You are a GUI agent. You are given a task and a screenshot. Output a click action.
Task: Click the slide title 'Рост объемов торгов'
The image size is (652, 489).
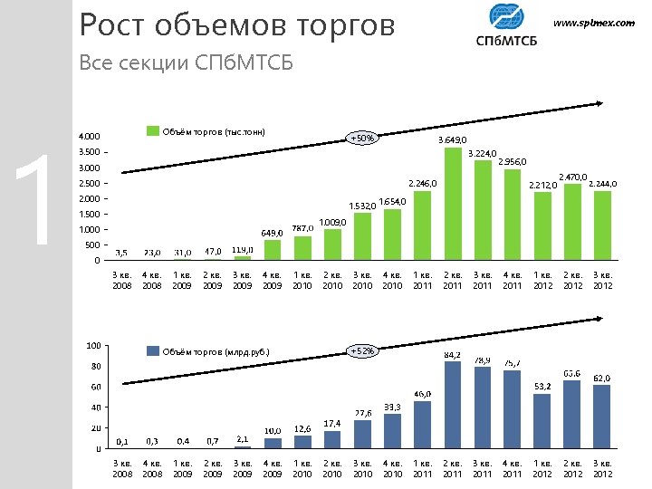click(x=237, y=25)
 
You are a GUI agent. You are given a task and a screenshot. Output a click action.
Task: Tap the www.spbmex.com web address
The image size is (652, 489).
click(x=594, y=23)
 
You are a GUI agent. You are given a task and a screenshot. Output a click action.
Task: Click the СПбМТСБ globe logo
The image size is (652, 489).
click(x=505, y=18)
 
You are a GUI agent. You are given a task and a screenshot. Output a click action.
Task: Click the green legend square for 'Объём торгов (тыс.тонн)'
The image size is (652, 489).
click(x=153, y=132)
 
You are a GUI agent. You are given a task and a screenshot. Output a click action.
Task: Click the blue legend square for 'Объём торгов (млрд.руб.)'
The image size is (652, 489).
click(x=153, y=351)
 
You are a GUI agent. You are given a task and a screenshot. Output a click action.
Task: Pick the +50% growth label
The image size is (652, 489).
click(x=362, y=139)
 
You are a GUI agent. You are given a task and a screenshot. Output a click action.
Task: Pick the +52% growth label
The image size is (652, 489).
click(x=362, y=350)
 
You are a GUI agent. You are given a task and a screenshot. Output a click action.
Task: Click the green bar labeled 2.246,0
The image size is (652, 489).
click(x=422, y=225)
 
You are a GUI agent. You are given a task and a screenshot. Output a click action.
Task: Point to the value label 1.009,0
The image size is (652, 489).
click(x=333, y=222)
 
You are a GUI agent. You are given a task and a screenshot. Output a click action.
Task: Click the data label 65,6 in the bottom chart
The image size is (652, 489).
click(x=571, y=373)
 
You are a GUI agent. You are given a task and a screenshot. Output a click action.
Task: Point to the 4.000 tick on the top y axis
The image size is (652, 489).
click(x=88, y=137)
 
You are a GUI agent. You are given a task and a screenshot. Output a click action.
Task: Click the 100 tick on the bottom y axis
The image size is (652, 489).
click(x=91, y=345)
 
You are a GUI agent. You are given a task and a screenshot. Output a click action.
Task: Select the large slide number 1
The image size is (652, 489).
click(x=36, y=201)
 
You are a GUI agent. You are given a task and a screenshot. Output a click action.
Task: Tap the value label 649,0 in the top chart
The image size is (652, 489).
click(x=272, y=233)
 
